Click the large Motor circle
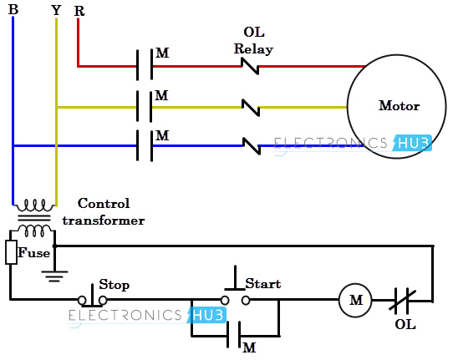[x=399, y=106]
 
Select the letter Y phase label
[x=55, y=9]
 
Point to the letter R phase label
[x=79, y=11]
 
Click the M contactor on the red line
[x=143, y=64]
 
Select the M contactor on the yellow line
[x=143, y=107]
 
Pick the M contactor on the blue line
[x=143, y=145]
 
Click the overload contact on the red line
[x=250, y=64]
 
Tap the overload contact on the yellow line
[x=250, y=106]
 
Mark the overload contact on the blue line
[x=250, y=145]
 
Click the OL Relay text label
[x=253, y=40]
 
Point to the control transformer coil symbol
[x=34, y=217]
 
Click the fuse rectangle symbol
[x=12, y=252]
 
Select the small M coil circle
[x=354, y=300]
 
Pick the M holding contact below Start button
[x=234, y=337]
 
